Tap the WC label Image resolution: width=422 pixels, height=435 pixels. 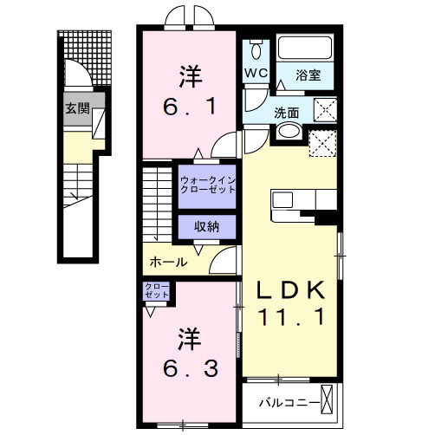tap(256, 73)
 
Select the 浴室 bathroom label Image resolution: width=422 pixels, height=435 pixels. tap(308, 75)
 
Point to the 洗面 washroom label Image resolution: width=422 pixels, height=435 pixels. tap(287, 112)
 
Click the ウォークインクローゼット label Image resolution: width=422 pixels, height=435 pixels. tap(208, 185)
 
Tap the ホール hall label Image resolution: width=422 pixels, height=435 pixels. tap(168, 262)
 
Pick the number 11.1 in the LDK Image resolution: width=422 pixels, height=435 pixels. tap(292, 319)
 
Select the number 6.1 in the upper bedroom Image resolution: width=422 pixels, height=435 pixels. tap(191, 108)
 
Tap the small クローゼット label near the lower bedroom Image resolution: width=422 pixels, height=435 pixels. tap(156, 291)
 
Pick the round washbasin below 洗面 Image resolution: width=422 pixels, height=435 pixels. tap(289, 133)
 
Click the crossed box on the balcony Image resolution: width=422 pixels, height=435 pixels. tap(328, 401)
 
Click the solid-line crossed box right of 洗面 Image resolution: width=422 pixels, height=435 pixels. tap(326, 109)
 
